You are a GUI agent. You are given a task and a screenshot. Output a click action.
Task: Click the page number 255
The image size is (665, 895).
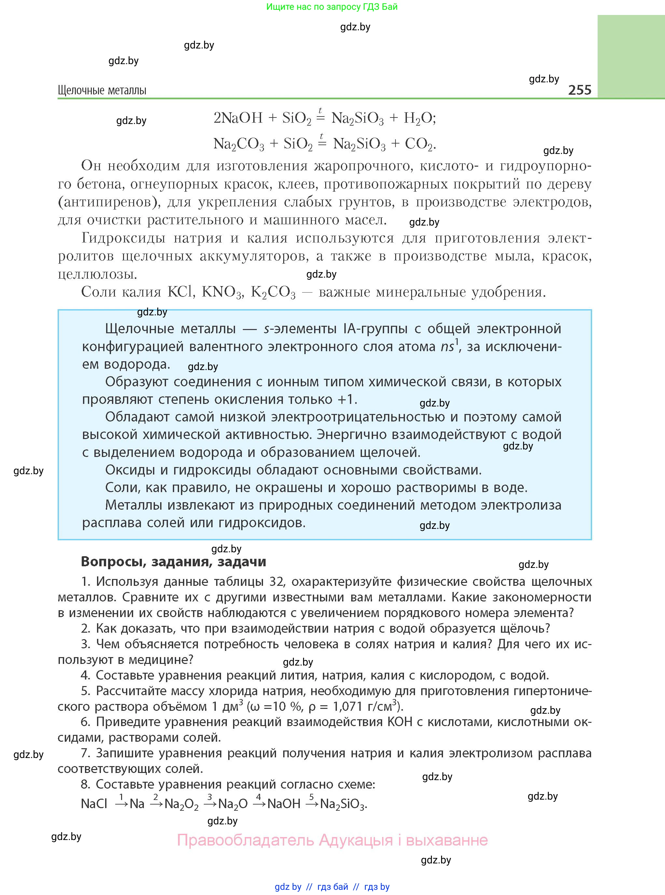[579, 90]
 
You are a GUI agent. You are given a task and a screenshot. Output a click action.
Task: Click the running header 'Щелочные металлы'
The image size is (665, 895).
[102, 90]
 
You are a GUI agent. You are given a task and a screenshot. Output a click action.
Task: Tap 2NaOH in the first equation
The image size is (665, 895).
[238, 118]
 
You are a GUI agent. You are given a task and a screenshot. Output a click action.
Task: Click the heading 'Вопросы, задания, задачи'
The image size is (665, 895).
[173, 562]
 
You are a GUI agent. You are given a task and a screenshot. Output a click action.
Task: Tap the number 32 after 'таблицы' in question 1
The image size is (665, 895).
[277, 582]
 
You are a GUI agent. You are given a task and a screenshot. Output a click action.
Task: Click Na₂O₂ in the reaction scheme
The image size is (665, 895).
[182, 804]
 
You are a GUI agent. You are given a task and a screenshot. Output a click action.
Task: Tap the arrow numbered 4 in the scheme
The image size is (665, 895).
[259, 803]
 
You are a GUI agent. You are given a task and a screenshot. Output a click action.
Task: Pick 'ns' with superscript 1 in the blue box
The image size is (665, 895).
[449, 347]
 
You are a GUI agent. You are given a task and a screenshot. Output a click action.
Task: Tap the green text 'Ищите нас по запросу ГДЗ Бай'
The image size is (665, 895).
[332, 7]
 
